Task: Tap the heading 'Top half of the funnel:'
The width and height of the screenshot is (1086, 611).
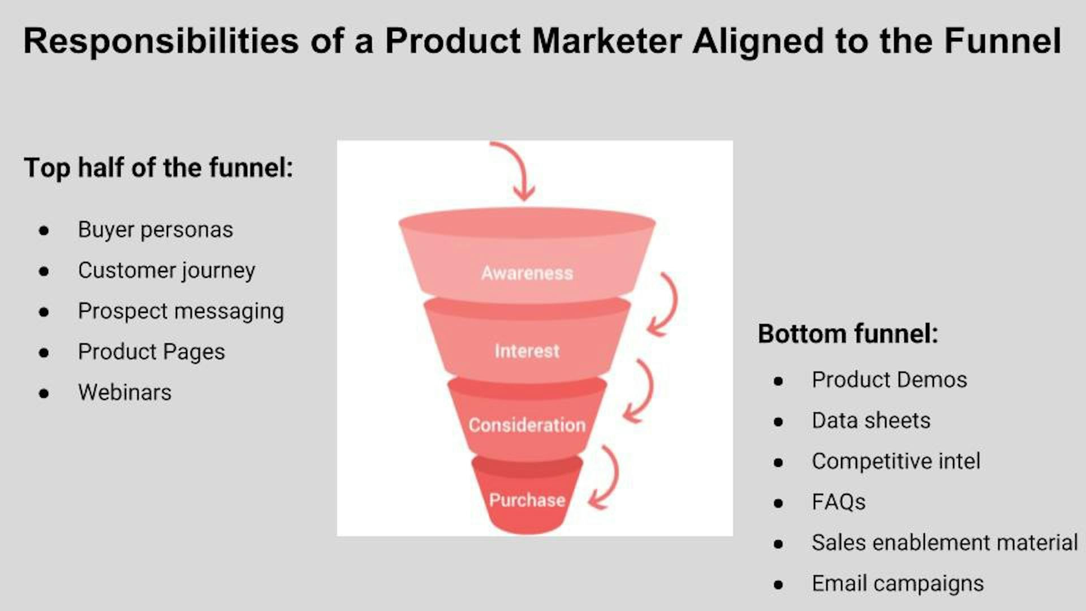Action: [x=159, y=167]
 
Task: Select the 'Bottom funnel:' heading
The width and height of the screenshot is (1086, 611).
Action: [x=848, y=333]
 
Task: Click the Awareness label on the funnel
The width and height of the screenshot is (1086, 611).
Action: [x=527, y=273]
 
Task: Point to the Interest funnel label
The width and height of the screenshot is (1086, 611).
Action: [x=527, y=351]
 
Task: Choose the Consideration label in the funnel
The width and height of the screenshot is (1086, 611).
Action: [x=527, y=425]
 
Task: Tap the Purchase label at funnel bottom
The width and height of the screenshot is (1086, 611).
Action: [x=527, y=500]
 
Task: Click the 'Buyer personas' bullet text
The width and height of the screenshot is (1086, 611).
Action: [x=156, y=230]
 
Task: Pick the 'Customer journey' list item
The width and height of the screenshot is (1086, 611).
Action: [x=167, y=270]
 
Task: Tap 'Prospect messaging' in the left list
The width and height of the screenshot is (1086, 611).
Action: [x=181, y=311]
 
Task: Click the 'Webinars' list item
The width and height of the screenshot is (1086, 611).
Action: [x=125, y=392]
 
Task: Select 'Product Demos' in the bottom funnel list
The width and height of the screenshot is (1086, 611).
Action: [x=890, y=380]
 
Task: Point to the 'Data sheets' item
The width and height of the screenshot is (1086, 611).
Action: [x=871, y=420]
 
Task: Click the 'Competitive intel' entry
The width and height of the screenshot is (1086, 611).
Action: [x=897, y=461]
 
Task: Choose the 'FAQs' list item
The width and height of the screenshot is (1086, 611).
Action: [x=839, y=502]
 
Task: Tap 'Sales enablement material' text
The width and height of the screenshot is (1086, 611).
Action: [x=945, y=543]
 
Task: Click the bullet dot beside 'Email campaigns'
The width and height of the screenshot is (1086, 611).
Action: [x=779, y=585]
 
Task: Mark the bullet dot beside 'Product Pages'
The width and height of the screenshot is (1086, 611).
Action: [x=44, y=353]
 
